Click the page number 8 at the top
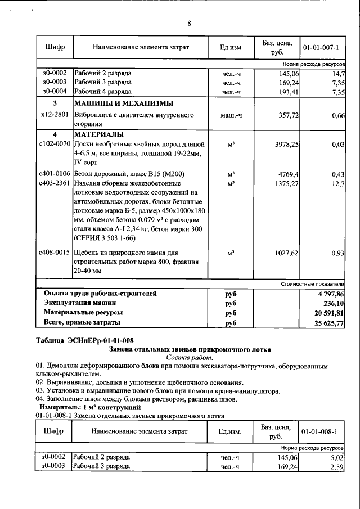pos(189,23)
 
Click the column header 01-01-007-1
pos(321,48)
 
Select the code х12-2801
pos(55,115)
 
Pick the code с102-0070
pos(55,145)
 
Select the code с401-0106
pos(55,174)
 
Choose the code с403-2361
pos(55,183)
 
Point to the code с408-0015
pos(55,253)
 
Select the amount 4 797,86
pos(331,294)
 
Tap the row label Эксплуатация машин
pos(84,303)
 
